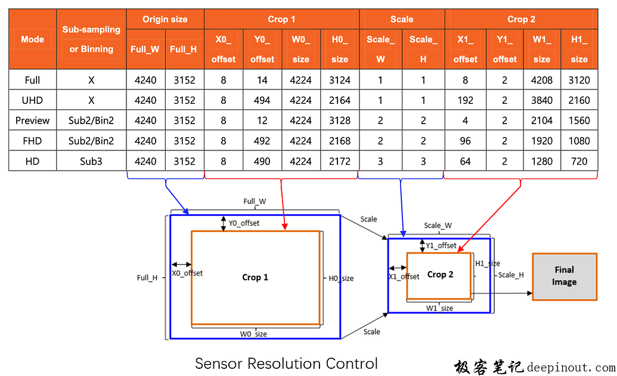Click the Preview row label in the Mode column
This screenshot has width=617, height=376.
coord(32,121)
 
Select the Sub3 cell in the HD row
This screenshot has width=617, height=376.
coord(91,161)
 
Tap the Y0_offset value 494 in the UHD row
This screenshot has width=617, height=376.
coord(262,100)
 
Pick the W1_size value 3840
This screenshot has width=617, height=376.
coord(541,100)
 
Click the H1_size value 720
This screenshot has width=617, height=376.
coord(578,161)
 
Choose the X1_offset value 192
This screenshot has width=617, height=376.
coord(465,100)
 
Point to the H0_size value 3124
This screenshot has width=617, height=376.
coord(339,80)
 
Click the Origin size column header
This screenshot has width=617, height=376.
coord(165,19)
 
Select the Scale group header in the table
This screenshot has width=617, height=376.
coord(401,19)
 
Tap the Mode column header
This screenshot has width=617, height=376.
coord(32,39)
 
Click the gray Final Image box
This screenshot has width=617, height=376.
coord(564,276)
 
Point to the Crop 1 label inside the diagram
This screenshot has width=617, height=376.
coord(255,277)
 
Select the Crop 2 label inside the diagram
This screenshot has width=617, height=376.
coord(440,275)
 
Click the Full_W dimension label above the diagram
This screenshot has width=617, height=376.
coord(255,202)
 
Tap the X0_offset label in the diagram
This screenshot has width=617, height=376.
coord(187,273)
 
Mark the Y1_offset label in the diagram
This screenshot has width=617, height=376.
coord(441,245)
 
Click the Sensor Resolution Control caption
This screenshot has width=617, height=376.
coord(286,363)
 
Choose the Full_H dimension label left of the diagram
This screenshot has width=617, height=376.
coord(147,278)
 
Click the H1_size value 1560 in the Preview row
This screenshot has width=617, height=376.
coord(578,121)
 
